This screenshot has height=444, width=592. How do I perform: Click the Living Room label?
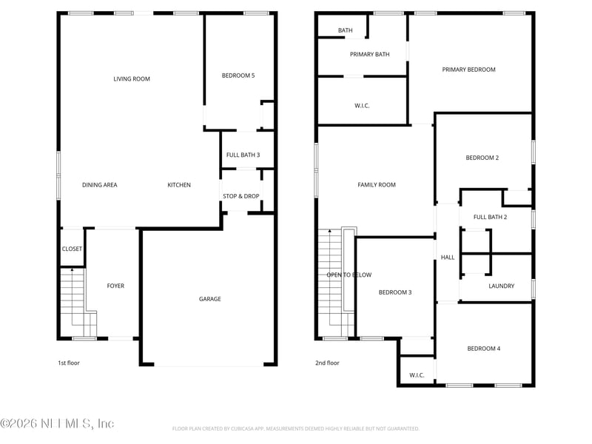coord(132,79)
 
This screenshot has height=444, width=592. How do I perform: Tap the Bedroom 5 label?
coord(238,75)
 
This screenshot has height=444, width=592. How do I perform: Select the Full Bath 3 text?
coord(243,155)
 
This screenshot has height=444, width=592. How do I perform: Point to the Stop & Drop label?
coord(240,196)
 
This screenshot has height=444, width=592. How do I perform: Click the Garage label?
coord(209,299)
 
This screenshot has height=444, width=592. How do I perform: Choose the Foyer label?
coord(115,286)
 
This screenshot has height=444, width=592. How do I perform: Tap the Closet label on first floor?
coord(72,249)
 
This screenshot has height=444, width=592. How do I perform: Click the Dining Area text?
coord(99,185)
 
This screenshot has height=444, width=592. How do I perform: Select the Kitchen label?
coord(179,185)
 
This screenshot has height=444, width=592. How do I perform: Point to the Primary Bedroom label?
coord(468,70)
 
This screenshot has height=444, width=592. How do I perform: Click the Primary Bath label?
coord(369,54)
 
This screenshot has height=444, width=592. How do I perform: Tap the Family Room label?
coord(377,185)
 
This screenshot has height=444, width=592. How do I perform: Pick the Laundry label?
coord(501,286)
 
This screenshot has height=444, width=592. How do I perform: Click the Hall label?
coord(448,258)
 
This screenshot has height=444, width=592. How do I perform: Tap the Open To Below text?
coord(349,275)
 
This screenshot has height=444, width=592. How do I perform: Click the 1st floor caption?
coord(69,363)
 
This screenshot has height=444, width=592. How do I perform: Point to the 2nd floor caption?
coord(327,363)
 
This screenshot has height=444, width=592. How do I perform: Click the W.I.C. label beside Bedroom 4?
coord(417,375)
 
